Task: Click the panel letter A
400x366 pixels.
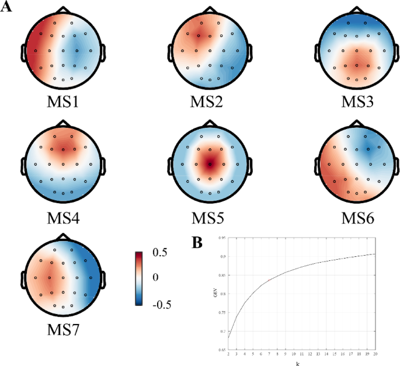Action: (8, 9)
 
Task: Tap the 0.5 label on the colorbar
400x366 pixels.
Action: (159, 253)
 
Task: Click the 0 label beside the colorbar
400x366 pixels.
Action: (155, 277)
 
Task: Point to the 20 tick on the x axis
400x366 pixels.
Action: (373, 354)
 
